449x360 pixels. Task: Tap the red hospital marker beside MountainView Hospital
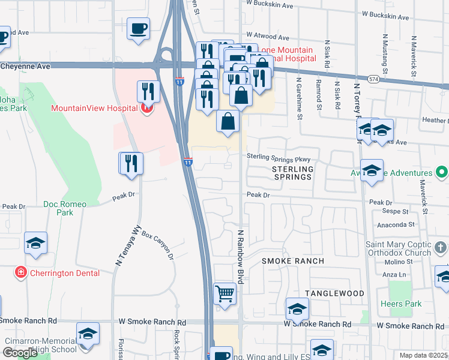(x=145, y=109)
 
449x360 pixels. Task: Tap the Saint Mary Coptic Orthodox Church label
(x=399, y=249)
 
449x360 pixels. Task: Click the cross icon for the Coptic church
(x=440, y=247)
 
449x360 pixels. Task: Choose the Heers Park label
(x=401, y=304)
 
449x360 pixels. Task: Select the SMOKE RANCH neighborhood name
(x=292, y=261)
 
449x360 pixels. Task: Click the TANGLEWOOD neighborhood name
(x=334, y=293)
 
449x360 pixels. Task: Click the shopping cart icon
(x=224, y=294)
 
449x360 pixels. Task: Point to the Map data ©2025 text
(x=423, y=355)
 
